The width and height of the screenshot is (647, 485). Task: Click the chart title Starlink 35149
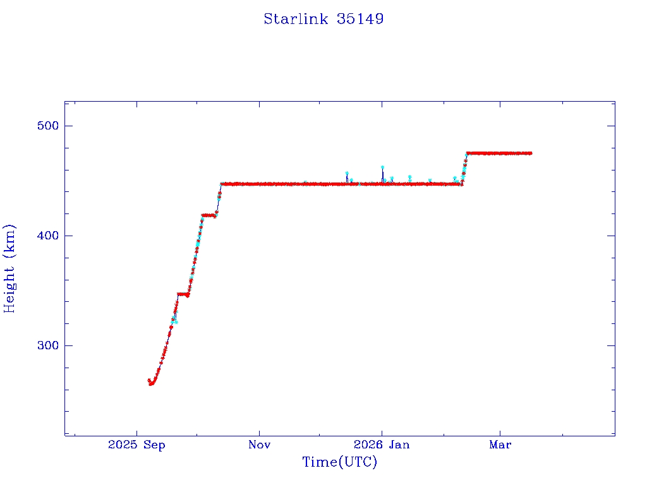[323, 19]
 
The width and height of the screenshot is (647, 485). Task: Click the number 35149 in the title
[360, 19]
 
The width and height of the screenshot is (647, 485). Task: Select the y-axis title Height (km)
[9, 268]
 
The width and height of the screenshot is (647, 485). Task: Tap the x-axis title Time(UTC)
[339, 462]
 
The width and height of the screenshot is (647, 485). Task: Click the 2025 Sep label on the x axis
[136, 445]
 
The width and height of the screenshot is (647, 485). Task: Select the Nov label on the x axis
[259, 445]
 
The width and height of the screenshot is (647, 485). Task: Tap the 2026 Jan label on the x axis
[382, 445]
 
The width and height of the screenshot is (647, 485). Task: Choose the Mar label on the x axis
[500, 445]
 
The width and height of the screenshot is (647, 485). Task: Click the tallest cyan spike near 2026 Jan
[382, 167]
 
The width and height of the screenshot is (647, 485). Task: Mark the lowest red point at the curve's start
[152, 383]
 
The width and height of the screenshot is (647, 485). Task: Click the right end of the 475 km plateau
[531, 153]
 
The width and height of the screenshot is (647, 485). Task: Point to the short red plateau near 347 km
[183, 294]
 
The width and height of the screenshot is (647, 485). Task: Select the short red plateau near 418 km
[209, 215]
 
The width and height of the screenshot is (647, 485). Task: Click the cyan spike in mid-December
[347, 173]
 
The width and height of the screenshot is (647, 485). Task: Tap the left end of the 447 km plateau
[222, 184]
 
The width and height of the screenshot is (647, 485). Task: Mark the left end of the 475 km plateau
[468, 153]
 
